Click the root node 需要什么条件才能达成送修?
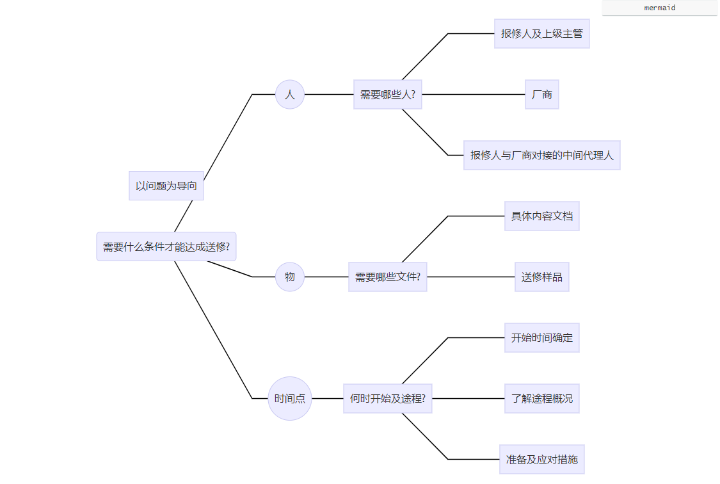pyautogui.click(x=166, y=246)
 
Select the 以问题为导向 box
pyautogui.click(x=166, y=186)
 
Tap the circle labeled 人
pyautogui.click(x=290, y=94)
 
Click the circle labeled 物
pyautogui.click(x=290, y=277)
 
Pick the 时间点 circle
pyautogui.click(x=290, y=398)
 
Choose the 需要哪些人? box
pyautogui.click(x=387, y=94)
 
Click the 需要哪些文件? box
pyautogui.click(x=387, y=277)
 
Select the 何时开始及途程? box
pyautogui.click(x=387, y=398)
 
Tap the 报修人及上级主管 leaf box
pyautogui.click(x=541, y=33)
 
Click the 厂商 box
pyautogui.click(x=541, y=94)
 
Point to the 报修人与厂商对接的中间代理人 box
pyautogui.click(x=541, y=155)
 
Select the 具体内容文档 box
pyautogui.click(x=541, y=216)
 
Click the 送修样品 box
pyautogui.click(x=541, y=277)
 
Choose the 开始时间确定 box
pyautogui.click(x=541, y=337)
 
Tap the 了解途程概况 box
pyautogui.click(x=541, y=398)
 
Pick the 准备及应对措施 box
pyautogui.click(x=541, y=459)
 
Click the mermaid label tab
pyautogui.click(x=659, y=8)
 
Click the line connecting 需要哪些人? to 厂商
pyautogui.click(x=474, y=94)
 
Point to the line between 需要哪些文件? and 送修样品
pyautogui.click(x=470, y=277)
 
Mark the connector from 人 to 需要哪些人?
pyautogui.click(x=329, y=94)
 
